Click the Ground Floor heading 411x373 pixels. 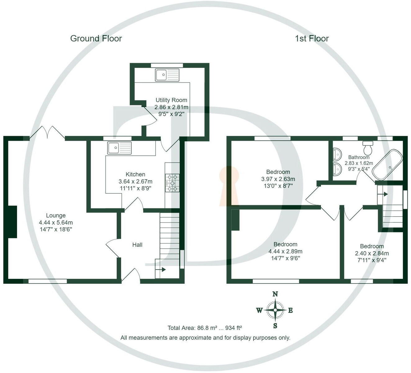pyautogui.click(x=96, y=39)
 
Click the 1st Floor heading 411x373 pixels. pyautogui.click(x=312, y=39)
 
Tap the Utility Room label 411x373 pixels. pyautogui.click(x=171, y=100)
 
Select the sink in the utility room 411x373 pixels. pyautogui.click(x=167, y=75)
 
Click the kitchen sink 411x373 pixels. pyautogui.click(x=120, y=148)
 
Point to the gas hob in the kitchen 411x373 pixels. pyautogui.click(x=172, y=182)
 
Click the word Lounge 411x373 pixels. pyautogui.click(x=56, y=215)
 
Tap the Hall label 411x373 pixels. pyautogui.click(x=137, y=245)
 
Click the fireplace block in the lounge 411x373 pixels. pyautogui.click(x=12, y=222)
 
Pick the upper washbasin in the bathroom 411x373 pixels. pyautogui.click(x=337, y=153)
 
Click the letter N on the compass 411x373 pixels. pyautogui.click(x=275, y=294)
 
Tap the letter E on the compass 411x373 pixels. pyautogui.click(x=291, y=310)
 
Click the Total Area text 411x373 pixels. pyautogui.click(x=205, y=328)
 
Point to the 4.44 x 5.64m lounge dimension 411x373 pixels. pyautogui.click(x=56, y=223)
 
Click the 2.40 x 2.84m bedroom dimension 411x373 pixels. pyautogui.click(x=372, y=253)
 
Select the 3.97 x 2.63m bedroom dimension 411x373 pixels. pyautogui.click(x=278, y=179)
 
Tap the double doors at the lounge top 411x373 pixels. pyautogui.click(x=47, y=132)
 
